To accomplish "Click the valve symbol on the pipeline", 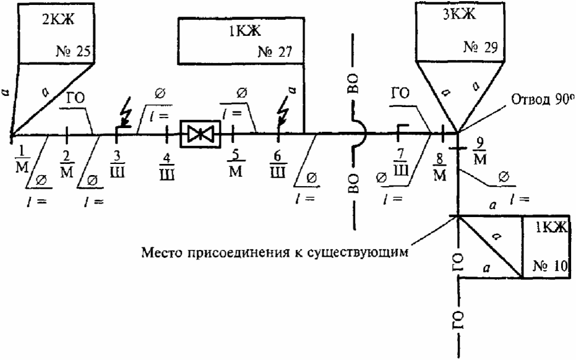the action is (200, 134).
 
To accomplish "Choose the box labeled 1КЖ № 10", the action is (546, 246).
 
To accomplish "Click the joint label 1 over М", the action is (22, 159).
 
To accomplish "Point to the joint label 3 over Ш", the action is (117, 164).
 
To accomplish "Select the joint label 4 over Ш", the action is (167, 166).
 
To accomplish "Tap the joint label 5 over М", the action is (235, 164).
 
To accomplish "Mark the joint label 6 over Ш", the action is (277, 165).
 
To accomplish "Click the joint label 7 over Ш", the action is (400, 162).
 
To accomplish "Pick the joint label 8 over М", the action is (439, 168).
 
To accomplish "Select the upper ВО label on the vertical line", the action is (353, 84).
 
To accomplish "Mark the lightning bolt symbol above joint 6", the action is (285, 109).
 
